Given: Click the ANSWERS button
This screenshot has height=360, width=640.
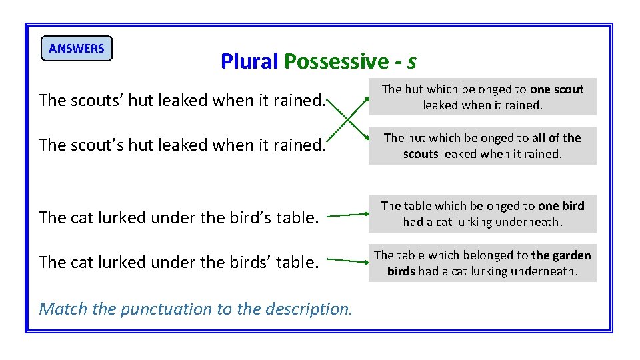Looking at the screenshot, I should pos(77,49).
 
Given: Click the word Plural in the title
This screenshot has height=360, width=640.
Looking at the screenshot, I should pos(249,61).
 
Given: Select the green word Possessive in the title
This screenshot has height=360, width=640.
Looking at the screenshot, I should pos(335,61).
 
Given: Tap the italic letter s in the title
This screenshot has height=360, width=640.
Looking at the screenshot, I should pos(411,62).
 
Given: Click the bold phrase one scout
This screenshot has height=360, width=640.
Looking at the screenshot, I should pos(557,89).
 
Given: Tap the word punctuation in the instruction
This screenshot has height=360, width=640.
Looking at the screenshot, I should pos(161,309).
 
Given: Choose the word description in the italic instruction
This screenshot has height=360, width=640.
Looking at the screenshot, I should pos(307,309).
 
